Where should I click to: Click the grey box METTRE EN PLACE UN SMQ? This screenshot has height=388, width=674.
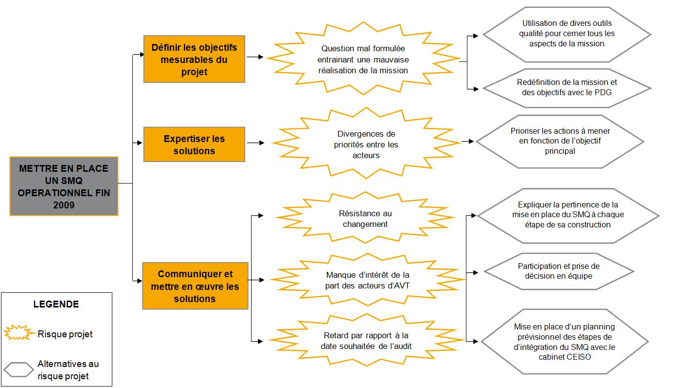coord(64,186)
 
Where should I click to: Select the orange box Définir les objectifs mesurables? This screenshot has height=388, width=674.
coord(194,60)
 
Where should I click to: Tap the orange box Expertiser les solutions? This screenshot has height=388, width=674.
coord(194,144)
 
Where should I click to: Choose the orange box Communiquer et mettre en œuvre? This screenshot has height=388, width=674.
coord(195,286)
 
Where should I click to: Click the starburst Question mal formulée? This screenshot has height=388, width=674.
coord(363,60)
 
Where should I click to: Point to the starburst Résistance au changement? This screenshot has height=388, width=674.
coord(365,219)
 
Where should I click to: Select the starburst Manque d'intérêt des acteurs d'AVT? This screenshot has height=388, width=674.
coord(367,280)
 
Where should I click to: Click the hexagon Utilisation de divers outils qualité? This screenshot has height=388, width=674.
coord(567,34)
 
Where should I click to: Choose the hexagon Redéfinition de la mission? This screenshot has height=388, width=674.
coord(567,87)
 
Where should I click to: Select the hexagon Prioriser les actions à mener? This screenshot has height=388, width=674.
coord(560,141)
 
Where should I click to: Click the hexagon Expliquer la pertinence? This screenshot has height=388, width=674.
coord(568,215)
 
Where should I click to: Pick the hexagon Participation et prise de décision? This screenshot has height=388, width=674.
coord(558,271)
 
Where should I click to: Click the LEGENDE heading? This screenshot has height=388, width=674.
coord(56,305)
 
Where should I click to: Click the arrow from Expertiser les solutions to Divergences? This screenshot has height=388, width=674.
coord(255,143)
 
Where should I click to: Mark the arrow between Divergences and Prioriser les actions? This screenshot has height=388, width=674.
coord(467,142)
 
